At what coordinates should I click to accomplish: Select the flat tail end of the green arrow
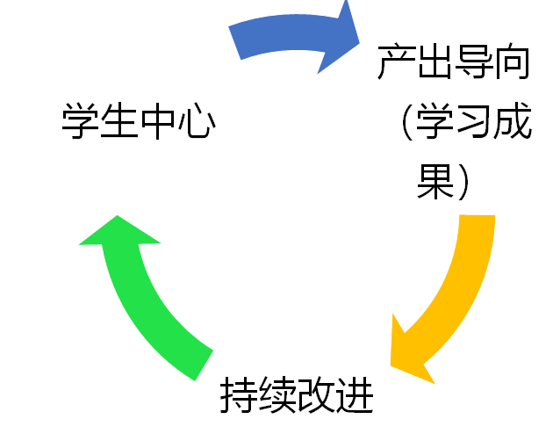coord(202,364)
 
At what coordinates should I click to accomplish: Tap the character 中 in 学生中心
coord(158,120)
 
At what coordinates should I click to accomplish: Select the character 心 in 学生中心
coord(197,120)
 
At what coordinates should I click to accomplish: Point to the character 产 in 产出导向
coord(395,63)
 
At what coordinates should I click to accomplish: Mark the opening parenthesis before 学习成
coord(406,124)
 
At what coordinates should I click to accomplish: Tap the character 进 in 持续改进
coord(355,397)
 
